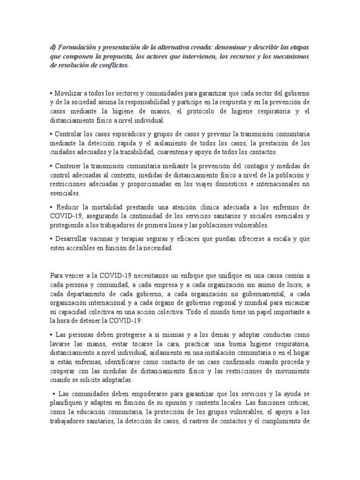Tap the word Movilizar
click(x=71, y=93)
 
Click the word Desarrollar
click(x=74, y=239)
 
